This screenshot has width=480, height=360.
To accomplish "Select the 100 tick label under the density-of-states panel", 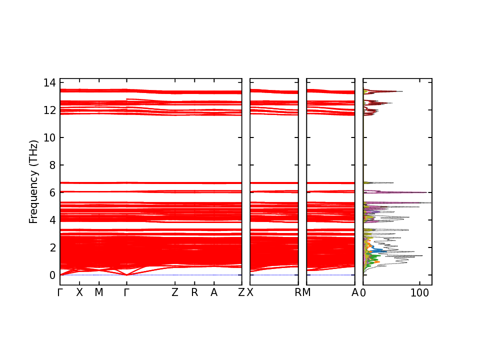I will [x=419, y=293].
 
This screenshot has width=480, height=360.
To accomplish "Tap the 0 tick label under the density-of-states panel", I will [x=363, y=293].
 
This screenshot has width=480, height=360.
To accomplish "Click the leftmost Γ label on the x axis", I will [x=60, y=293].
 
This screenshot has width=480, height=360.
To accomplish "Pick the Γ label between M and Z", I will [x=127, y=293].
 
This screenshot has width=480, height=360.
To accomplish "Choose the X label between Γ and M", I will [x=79, y=293].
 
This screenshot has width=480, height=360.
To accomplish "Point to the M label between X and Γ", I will [x=99, y=293].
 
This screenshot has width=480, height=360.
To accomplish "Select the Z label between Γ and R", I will [x=175, y=293].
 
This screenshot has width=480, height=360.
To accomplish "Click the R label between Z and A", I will [x=194, y=293].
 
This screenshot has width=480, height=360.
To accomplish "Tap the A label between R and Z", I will [x=214, y=293].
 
